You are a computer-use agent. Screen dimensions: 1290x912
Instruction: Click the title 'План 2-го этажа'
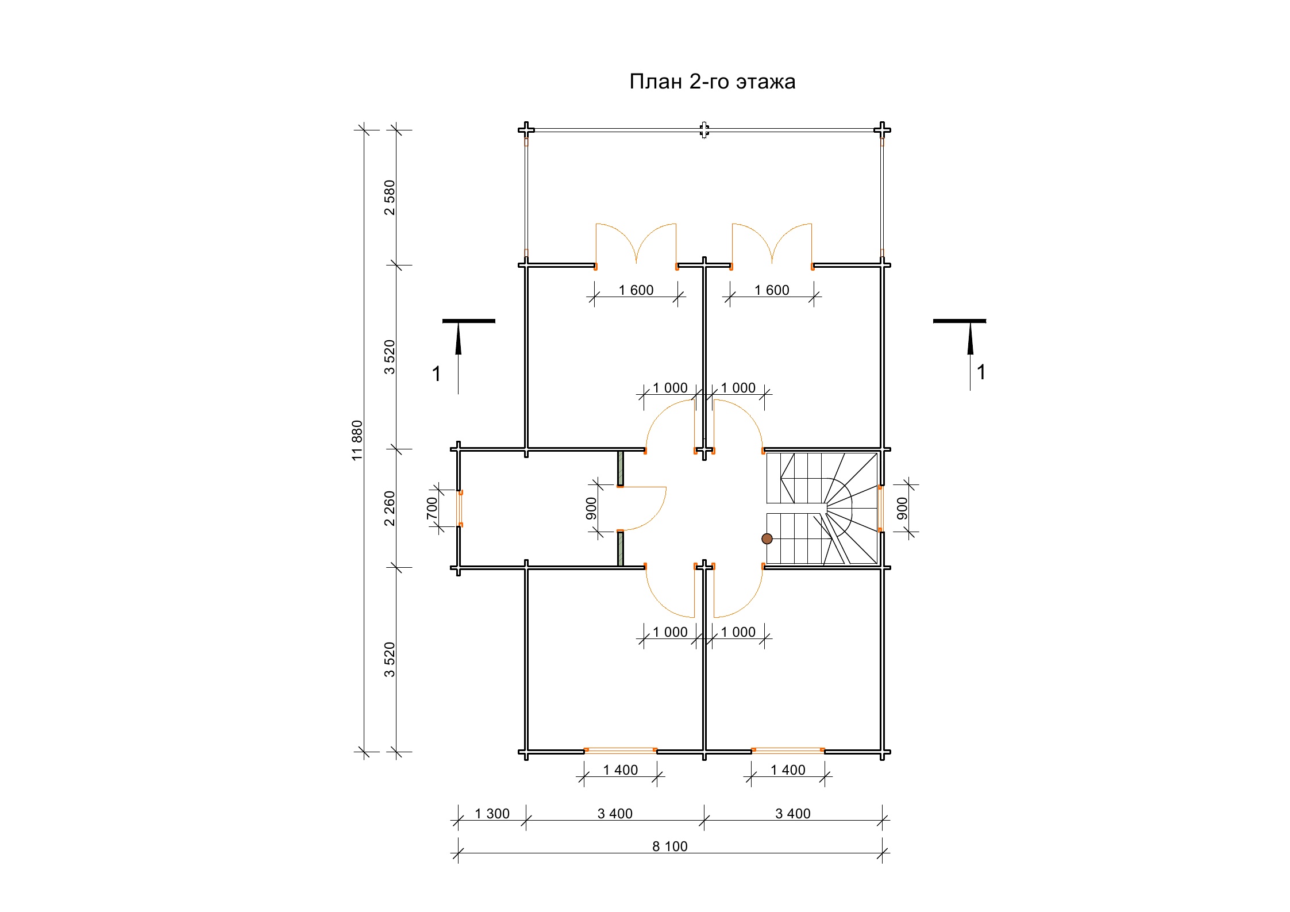pos(712,82)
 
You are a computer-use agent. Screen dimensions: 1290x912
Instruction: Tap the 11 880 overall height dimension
pos(357,440)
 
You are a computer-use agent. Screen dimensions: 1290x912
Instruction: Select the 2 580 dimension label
pos(390,198)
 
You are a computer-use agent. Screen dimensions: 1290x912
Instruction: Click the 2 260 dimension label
pos(390,508)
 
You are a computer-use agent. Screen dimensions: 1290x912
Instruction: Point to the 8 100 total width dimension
pos(670,846)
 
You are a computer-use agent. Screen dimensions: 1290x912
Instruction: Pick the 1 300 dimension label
pos(492,813)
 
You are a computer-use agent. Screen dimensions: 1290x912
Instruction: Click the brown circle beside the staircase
pos(767,538)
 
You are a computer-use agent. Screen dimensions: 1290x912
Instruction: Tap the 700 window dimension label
pos(432,508)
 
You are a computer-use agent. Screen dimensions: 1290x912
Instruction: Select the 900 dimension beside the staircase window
pos(902,509)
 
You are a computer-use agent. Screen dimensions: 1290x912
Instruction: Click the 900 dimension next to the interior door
pos(591,509)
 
